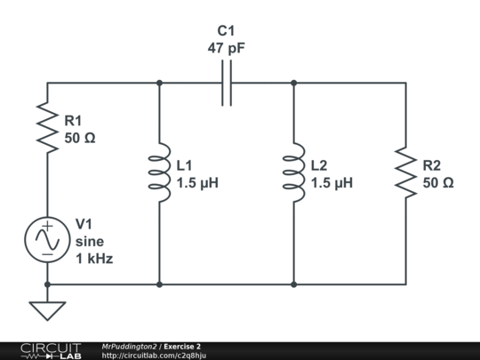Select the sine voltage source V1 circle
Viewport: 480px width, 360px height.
(x=47, y=240)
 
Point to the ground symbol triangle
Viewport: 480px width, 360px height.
(x=47, y=310)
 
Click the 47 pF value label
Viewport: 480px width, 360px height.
(x=226, y=49)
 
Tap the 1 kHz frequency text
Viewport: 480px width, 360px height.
(x=94, y=259)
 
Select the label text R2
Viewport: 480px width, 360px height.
(x=432, y=165)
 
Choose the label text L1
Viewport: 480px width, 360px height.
(x=185, y=165)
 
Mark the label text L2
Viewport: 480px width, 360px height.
(x=320, y=165)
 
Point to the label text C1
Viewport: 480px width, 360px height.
(x=227, y=31)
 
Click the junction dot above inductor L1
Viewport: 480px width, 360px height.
(x=159, y=83)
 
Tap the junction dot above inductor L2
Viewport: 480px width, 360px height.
(x=293, y=83)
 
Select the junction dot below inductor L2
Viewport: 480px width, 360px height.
(x=293, y=284)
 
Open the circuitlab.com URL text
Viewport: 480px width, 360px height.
(x=155, y=356)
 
